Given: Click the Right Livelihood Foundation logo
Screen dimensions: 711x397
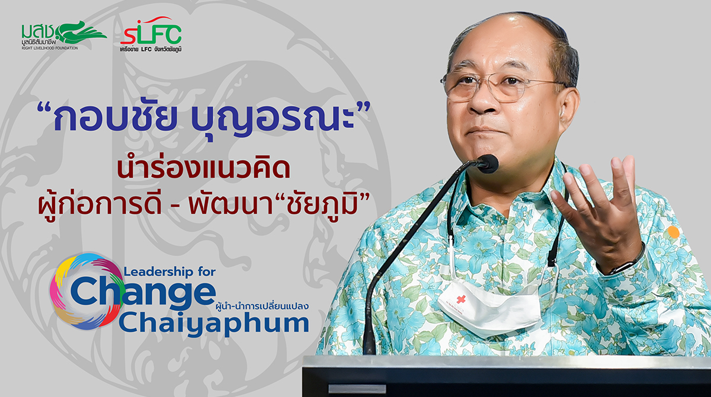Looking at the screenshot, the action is pyautogui.click(x=64, y=35).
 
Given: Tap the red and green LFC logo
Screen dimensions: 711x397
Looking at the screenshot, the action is pyautogui.click(x=151, y=34).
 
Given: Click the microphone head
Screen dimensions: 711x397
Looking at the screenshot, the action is pyautogui.click(x=488, y=164).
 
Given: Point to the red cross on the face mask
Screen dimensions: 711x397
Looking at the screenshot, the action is pyautogui.click(x=461, y=299).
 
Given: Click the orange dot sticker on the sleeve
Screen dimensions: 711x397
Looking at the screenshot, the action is pyautogui.click(x=673, y=232).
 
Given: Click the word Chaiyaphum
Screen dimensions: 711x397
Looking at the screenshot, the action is pyautogui.click(x=214, y=324).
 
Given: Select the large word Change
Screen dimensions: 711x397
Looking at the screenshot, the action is pyautogui.click(x=143, y=292).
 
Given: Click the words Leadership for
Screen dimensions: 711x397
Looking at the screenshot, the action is pyautogui.click(x=169, y=271).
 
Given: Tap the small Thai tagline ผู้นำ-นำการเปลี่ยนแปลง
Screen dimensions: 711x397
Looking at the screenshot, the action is pyautogui.click(x=261, y=306).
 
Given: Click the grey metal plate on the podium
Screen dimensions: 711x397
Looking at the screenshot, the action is pyautogui.click(x=357, y=389).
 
